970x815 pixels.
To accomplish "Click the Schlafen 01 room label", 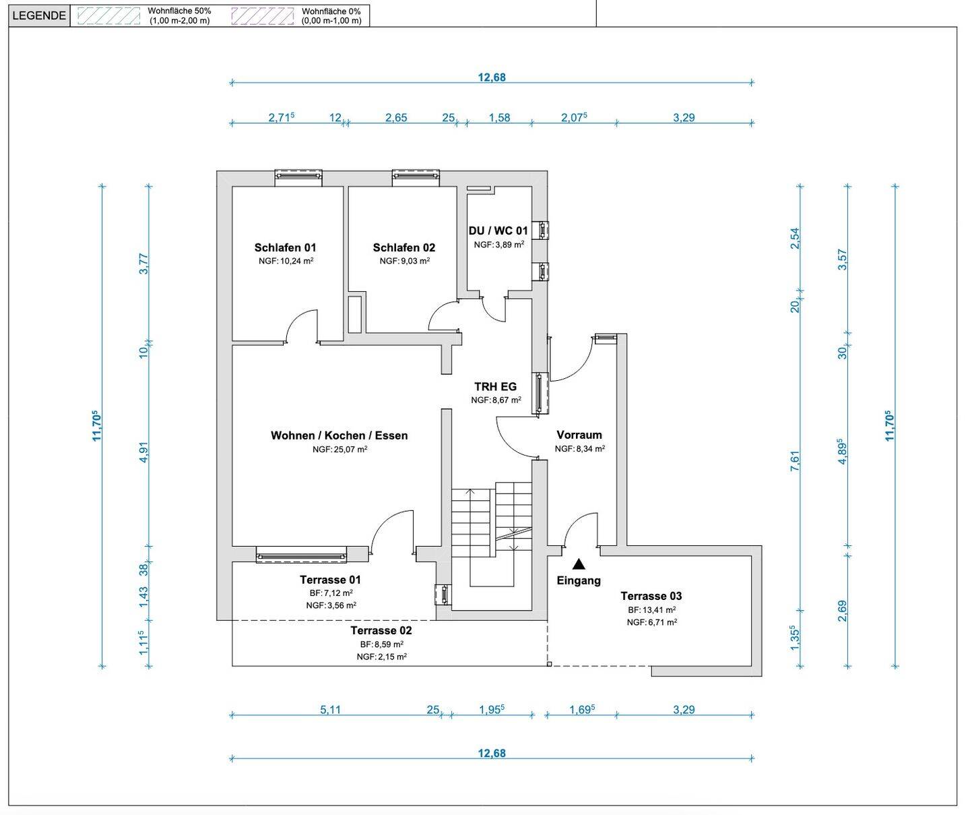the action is click(285, 247).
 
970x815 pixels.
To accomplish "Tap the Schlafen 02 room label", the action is click(403, 247).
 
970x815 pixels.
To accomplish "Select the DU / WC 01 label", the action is click(498, 231).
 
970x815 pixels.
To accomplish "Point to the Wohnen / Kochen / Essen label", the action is click(339, 435).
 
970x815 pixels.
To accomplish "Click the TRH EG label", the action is click(495, 386).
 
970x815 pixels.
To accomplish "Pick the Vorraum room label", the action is click(579, 435).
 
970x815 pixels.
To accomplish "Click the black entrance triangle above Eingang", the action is click(579, 564).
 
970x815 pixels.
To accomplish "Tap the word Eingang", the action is click(579, 580).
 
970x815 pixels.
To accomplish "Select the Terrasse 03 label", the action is click(651, 595).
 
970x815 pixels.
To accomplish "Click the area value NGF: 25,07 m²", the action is click(340, 449).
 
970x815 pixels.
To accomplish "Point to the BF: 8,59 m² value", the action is click(382, 644).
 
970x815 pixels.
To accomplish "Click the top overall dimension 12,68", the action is click(492, 77).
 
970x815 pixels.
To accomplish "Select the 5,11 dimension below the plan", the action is click(330, 709).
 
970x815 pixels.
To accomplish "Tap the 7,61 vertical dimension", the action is click(795, 460).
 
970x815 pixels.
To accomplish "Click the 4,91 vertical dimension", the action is click(143, 452).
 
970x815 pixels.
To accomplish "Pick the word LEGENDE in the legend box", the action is click(39, 16).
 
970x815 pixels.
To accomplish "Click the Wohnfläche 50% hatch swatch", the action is click(108, 16).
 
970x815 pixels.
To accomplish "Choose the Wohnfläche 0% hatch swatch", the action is click(263, 16).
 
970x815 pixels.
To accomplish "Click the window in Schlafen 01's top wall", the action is click(298, 175).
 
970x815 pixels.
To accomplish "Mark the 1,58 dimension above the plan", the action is click(499, 117).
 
